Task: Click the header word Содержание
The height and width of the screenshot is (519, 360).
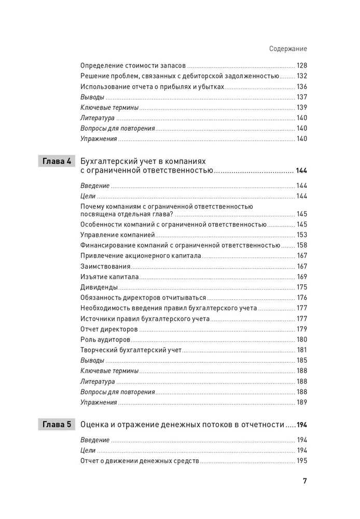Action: coord(288,49)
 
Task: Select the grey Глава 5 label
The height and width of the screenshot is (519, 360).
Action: coord(58,425)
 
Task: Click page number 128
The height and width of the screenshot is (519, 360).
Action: coord(301,66)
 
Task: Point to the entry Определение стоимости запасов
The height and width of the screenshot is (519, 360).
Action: coord(133,66)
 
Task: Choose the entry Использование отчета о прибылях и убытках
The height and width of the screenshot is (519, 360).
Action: coord(153,87)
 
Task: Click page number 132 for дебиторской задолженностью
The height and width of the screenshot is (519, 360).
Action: coord(301,76)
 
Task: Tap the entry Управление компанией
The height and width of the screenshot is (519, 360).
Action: coord(111,235)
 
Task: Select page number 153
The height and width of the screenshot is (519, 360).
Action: coord(301,235)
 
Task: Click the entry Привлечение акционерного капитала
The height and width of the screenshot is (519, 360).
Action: coord(141,256)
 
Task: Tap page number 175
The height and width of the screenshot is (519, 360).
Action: coord(301,287)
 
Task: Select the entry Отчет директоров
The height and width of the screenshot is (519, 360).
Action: coord(109,329)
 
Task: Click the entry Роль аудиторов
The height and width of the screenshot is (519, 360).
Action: coord(106,339)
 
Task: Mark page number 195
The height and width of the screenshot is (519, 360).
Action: coord(301,461)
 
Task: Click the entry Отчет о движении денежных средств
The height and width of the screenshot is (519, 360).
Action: coord(140,461)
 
